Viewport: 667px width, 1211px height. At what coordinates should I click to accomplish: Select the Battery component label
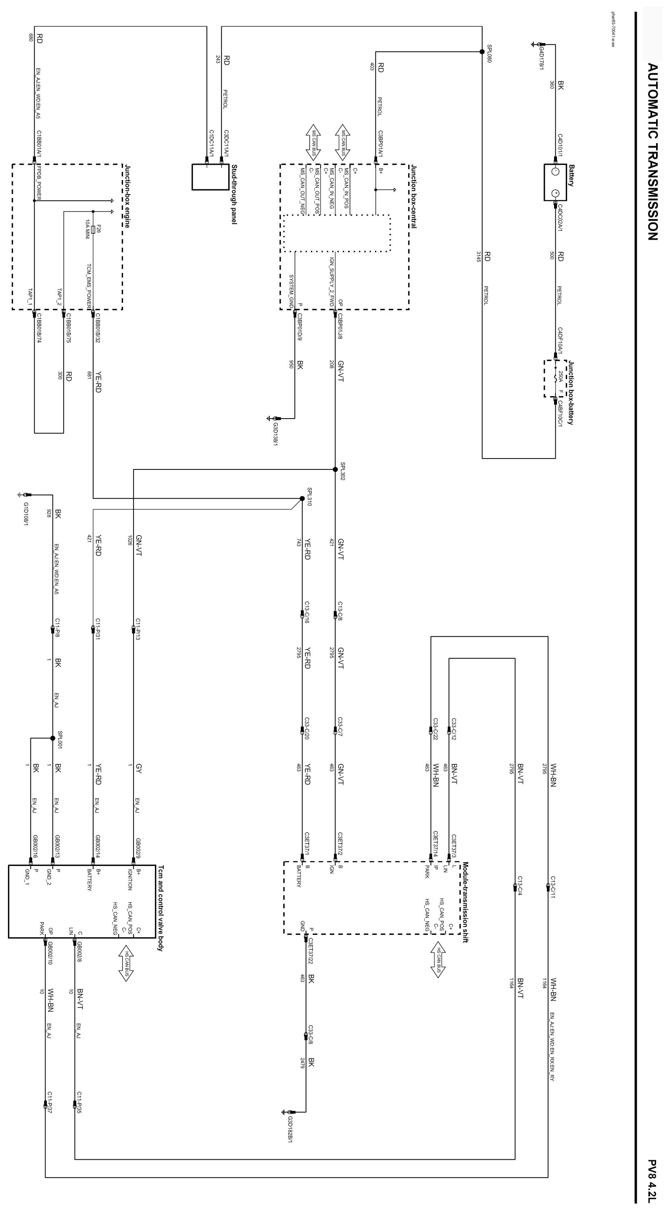click(x=571, y=175)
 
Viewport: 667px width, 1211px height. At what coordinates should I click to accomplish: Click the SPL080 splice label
click(x=489, y=54)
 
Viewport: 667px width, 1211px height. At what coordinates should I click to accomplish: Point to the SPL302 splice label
click(x=343, y=471)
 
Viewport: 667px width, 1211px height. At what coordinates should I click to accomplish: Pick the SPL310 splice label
click(x=310, y=497)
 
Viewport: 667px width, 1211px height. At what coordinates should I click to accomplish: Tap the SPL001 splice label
click(x=60, y=740)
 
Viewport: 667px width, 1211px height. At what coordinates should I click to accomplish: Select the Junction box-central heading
click(x=413, y=196)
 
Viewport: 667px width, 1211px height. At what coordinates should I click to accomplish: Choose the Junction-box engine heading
click(x=127, y=196)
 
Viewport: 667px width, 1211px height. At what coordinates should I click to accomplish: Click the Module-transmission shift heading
click(x=465, y=902)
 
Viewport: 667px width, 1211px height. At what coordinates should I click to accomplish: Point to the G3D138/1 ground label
click(x=275, y=430)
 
